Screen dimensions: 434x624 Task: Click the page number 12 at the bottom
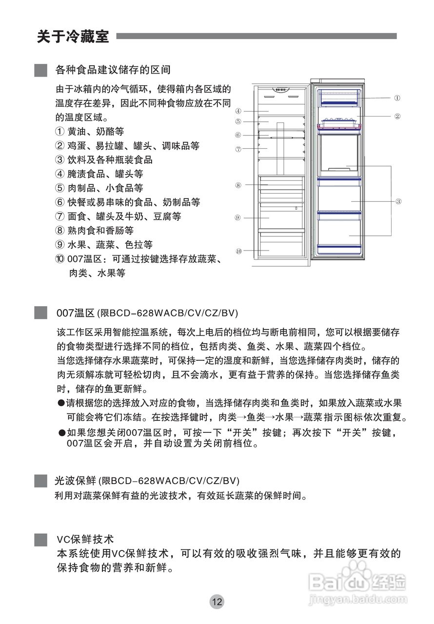point(217,602)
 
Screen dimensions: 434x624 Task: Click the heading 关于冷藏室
point(73,37)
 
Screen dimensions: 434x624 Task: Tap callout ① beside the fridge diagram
point(398,98)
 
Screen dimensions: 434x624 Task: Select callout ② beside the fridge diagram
point(398,117)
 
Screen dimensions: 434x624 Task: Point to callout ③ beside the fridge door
point(398,201)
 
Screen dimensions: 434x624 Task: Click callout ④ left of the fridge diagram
point(238,111)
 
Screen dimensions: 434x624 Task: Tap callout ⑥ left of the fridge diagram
point(238,135)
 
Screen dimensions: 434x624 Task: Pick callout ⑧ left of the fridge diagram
point(238,185)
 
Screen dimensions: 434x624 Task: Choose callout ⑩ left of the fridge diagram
point(238,251)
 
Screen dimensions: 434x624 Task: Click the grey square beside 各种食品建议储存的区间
point(41,70)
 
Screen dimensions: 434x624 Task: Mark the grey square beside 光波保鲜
point(41,481)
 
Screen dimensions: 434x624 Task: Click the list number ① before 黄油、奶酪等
point(59,132)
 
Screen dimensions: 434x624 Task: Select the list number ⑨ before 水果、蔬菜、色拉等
point(59,245)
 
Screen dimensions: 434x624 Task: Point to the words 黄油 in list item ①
point(76,132)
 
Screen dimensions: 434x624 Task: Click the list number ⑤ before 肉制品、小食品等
point(59,188)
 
